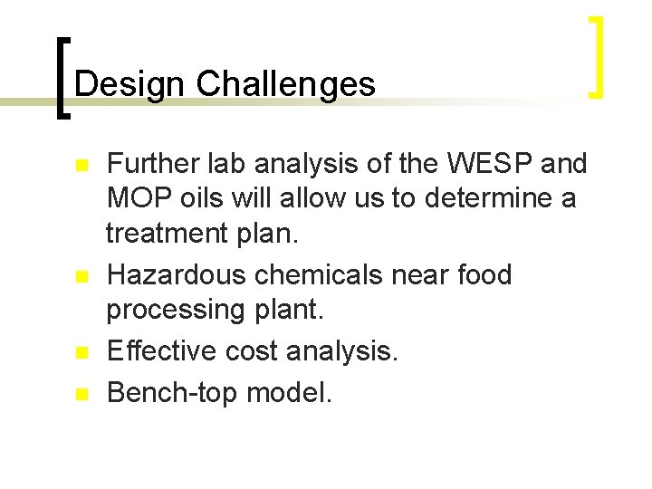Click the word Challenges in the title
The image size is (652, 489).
(x=285, y=84)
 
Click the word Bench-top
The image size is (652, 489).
(x=168, y=393)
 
